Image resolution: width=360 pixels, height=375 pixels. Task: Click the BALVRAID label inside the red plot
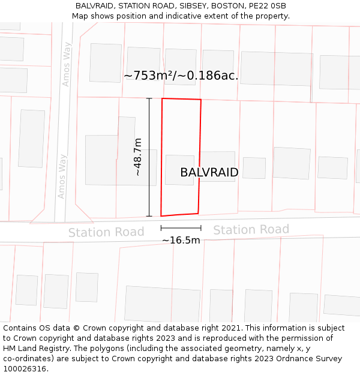coord(209,173)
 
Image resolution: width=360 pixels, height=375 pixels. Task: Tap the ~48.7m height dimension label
coord(138,157)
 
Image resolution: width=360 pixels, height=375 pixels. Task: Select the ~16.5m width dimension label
coord(181,240)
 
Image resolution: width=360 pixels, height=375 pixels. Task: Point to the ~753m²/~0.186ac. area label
coord(181,76)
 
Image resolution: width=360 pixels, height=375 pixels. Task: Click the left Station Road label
coord(106,232)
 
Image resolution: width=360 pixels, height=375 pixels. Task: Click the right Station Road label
coord(251,230)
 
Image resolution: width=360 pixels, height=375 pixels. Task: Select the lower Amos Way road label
coord(62,176)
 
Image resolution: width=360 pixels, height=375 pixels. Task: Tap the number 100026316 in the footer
coord(24,369)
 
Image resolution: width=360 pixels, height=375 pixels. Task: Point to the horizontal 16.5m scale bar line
coord(181,228)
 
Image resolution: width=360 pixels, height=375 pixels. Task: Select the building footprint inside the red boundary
coord(179,170)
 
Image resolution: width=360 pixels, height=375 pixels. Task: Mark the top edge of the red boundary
coord(181,99)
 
